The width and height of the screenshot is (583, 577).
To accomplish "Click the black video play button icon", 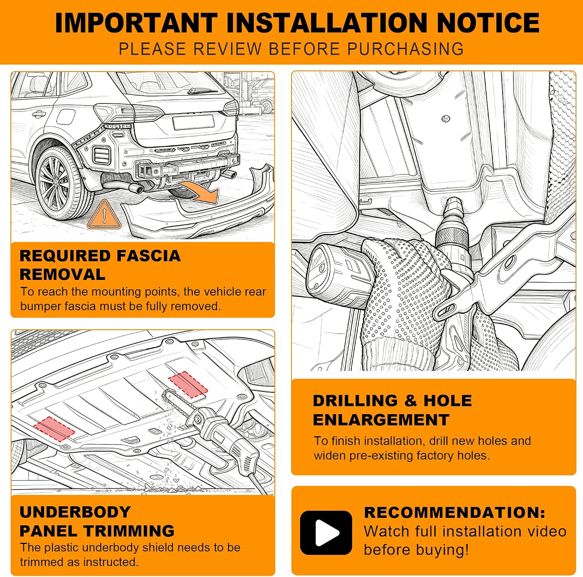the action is pos(326,532).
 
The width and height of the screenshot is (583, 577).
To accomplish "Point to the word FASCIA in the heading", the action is pos(148,256).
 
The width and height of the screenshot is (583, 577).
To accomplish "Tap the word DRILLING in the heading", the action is pos(355,400).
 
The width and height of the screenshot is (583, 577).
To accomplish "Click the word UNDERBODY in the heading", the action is pos(75,512).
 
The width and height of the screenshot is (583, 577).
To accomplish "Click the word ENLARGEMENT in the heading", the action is pos(381,420).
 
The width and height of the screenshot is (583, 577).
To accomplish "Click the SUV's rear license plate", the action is pos(194,122).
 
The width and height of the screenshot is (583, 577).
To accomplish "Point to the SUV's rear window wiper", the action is pos(202,91).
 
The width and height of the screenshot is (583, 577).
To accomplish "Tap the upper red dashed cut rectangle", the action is pos(188,384).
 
